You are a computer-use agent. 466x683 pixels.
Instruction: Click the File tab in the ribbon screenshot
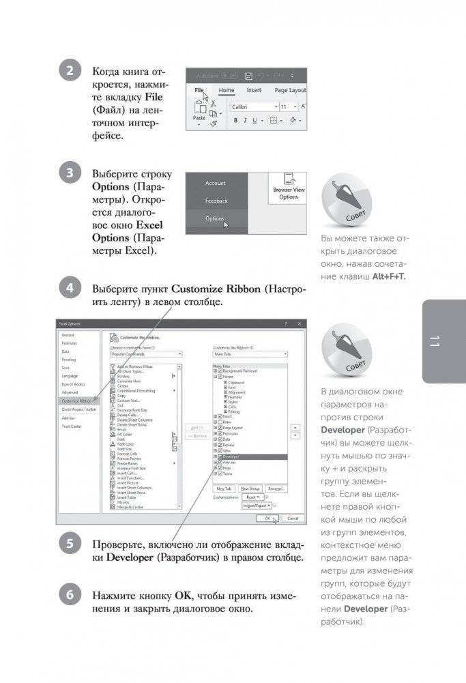tap(199, 90)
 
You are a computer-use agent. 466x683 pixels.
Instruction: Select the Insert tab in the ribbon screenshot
tap(254, 90)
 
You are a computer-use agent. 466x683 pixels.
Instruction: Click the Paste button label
tap(199, 118)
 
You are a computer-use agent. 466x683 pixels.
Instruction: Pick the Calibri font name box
tap(251, 107)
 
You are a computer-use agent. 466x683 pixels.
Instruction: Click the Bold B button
tap(235, 121)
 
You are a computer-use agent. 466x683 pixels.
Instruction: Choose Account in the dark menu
tap(215, 184)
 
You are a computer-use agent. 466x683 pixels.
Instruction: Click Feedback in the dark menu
tap(216, 201)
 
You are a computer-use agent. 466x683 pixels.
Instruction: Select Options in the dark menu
tap(214, 219)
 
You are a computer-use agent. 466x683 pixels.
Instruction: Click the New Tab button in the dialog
tap(223, 489)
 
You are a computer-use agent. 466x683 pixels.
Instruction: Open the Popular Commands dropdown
tap(145, 354)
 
